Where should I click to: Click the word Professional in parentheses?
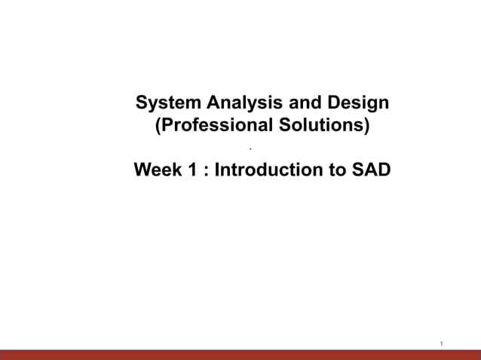(210, 125)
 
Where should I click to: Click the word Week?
(158, 170)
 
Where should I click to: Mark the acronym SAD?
(372, 170)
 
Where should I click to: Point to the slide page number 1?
(441, 343)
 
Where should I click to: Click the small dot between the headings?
(261, 149)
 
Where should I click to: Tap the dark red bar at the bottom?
(240, 355)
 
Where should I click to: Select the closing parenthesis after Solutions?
(367, 126)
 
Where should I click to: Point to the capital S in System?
(139, 102)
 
